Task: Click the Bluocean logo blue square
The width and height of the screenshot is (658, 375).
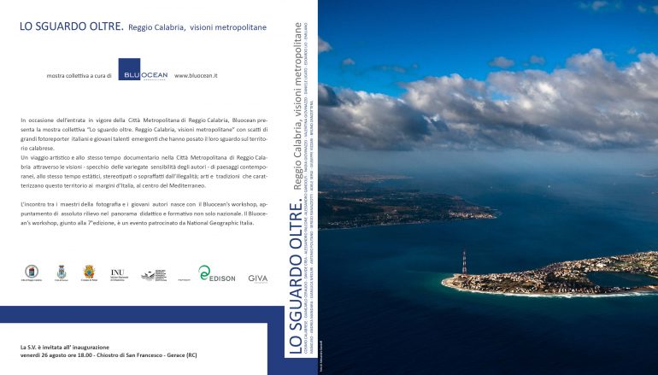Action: point(142,70)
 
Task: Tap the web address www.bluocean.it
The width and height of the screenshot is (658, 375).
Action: point(196,76)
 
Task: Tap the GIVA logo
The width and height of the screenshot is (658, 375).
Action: point(257,278)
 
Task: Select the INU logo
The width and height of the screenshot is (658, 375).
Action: point(118,274)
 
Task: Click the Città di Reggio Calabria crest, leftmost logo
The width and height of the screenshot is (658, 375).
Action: point(32,272)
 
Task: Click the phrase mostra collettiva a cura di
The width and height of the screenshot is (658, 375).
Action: point(79,76)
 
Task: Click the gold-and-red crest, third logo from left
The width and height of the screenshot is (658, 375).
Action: point(88,272)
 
